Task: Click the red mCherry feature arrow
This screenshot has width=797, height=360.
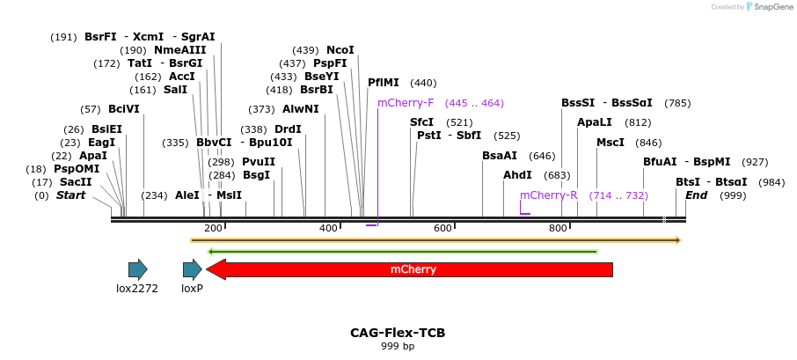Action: coord(413,269)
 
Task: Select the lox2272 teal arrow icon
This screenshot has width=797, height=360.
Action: coord(137,269)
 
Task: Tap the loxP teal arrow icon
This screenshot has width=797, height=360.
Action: coord(192,269)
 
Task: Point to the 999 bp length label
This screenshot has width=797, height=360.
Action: coord(398,346)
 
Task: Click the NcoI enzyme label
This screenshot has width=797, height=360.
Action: coord(340,50)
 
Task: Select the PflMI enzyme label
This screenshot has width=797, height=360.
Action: coord(384,83)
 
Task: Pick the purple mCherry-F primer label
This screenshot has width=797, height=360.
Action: coord(406,103)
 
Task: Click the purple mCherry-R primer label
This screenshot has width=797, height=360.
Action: coord(548,195)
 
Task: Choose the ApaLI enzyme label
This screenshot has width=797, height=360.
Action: coord(594,122)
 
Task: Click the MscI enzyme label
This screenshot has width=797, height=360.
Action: coord(611,143)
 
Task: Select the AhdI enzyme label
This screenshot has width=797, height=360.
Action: coord(517,175)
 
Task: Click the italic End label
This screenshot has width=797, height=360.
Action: coord(696,195)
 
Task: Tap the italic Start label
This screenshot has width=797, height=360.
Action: coord(70,195)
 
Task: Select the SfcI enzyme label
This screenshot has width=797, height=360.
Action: coord(421,122)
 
